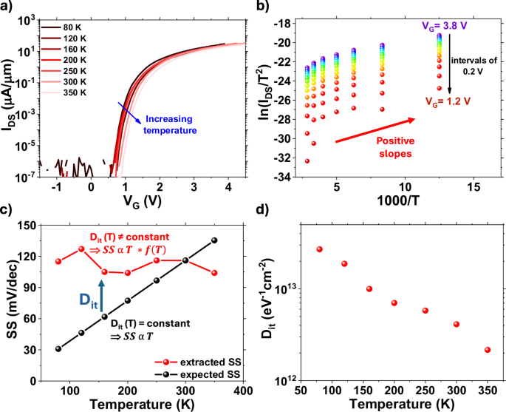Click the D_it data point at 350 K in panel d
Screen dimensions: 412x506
[488, 350]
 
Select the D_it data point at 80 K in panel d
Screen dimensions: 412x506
[320, 249]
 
